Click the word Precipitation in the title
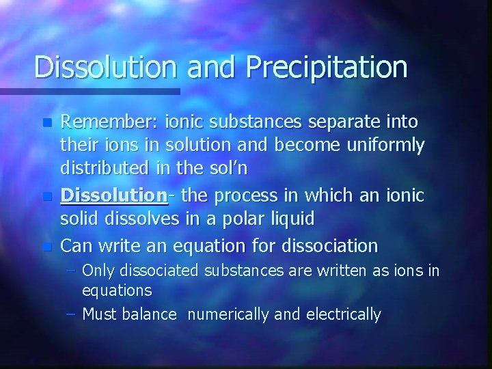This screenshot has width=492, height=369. point(329,68)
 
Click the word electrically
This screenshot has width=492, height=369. point(344,314)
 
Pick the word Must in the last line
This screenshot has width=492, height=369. point(100,314)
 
